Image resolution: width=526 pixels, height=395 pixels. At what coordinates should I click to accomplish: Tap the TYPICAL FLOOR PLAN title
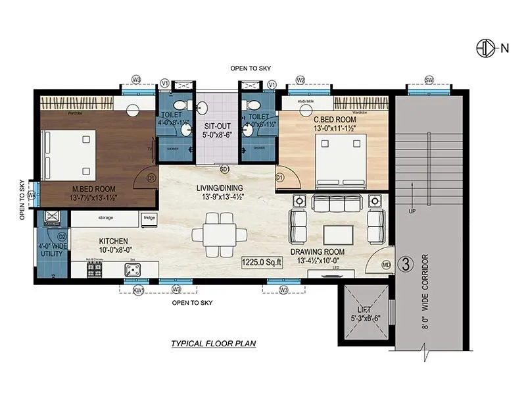click(x=213, y=343)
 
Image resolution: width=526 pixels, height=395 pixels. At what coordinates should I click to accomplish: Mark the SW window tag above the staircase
click(x=429, y=80)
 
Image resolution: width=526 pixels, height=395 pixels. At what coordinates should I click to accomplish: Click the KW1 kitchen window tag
click(x=138, y=290)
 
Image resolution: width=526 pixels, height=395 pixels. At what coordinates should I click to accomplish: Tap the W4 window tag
click(x=31, y=195)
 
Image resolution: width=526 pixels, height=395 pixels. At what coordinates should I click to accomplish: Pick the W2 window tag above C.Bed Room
click(x=300, y=80)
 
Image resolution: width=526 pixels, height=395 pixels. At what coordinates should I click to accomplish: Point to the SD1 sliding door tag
click(x=224, y=169)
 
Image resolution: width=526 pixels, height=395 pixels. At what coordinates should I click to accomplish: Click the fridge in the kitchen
click(x=149, y=217)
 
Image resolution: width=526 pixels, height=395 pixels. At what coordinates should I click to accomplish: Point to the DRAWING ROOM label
click(x=318, y=251)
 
